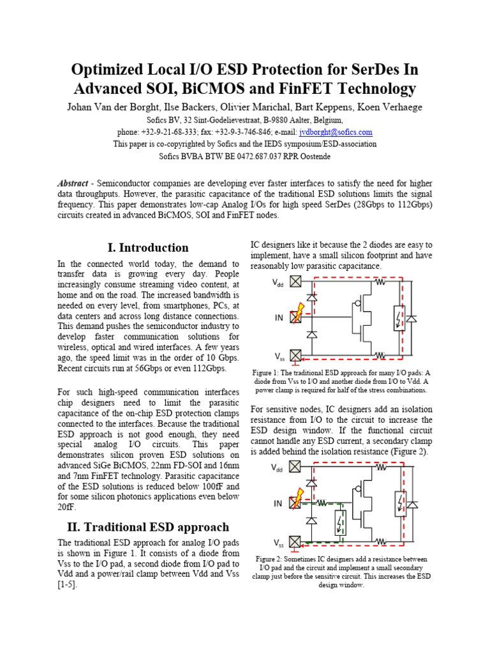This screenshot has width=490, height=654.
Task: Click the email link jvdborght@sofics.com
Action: tap(336, 132)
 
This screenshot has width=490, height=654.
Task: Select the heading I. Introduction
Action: tap(145, 247)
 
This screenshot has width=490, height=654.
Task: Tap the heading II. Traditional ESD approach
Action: tap(147, 527)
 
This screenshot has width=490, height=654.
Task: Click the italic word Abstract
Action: tap(73, 183)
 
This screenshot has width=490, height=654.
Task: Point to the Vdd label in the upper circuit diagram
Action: tap(279, 282)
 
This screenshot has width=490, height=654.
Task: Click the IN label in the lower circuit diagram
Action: tap(278, 503)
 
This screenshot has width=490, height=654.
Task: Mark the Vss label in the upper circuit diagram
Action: tap(279, 356)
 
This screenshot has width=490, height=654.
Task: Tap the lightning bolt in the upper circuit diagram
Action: tap(299, 314)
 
